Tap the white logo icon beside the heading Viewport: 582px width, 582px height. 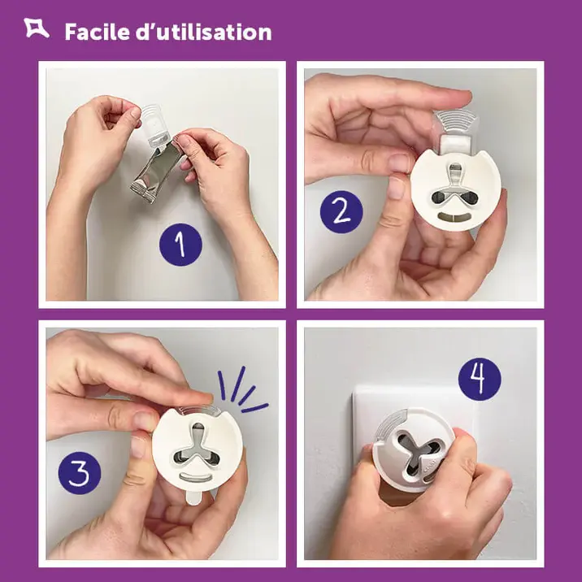[37, 30]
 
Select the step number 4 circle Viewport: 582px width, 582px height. [480, 380]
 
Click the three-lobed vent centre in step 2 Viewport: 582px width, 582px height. [456, 185]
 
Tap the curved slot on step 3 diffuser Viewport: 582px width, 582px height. [199, 476]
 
